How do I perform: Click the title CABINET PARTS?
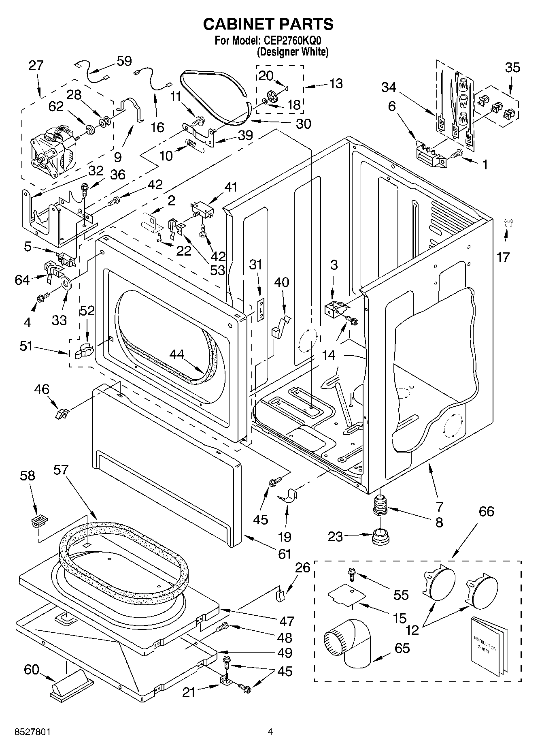pos(268,24)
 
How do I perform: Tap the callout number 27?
pos(36,66)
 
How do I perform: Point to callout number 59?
pos(124,61)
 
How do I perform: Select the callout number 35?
pos(512,67)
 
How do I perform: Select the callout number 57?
pos(61,470)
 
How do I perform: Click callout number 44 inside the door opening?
pos(177,354)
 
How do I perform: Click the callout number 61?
pos(285,553)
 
